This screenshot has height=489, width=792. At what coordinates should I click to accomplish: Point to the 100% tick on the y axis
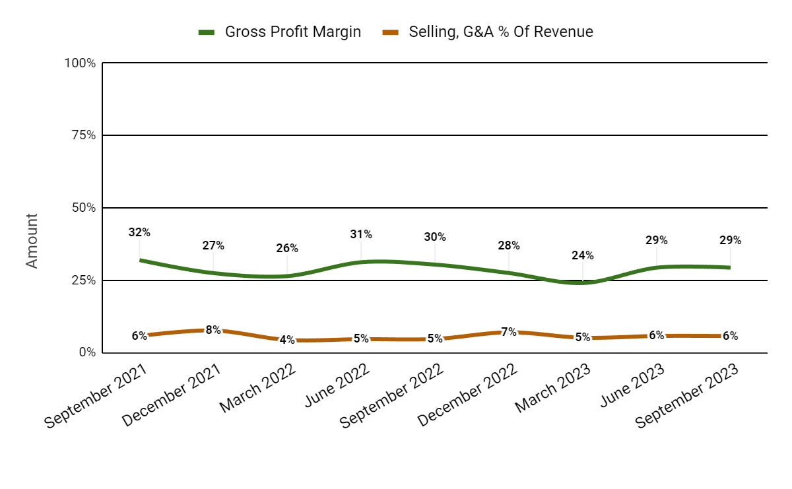pos(80,63)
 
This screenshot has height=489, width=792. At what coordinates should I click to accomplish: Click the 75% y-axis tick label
pos(82,135)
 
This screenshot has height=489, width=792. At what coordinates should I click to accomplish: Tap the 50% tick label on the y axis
pos(82,208)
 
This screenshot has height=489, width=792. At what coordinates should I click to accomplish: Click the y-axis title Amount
pos(32,241)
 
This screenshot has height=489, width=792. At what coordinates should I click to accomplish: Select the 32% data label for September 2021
pos(139,232)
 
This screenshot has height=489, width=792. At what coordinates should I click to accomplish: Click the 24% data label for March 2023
pos(582,255)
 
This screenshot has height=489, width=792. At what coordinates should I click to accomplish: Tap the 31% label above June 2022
pos(361,234)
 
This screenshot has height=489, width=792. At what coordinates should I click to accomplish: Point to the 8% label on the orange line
pos(213,330)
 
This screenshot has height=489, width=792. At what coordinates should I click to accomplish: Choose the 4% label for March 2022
pos(287,340)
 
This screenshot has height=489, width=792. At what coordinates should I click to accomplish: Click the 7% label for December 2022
pos(508,332)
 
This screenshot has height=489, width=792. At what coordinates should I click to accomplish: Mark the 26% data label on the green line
pos(287,249)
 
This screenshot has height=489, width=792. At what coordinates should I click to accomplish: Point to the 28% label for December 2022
pos(508,245)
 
